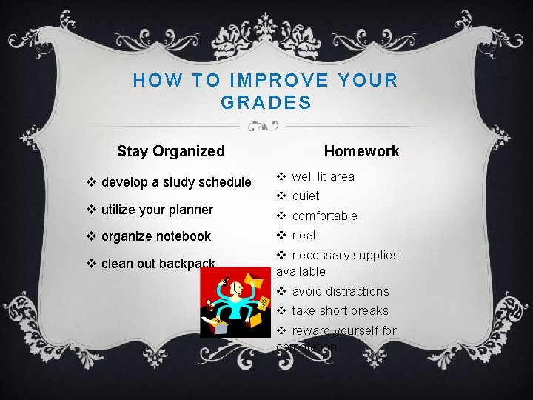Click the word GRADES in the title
(x=266, y=103)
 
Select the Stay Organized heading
(x=170, y=151)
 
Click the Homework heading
(x=361, y=151)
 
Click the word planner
(x=190, y=210)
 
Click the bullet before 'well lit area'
(x=282, y=176)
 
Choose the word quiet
(x=306, y=196)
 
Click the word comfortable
(x=324, y=216)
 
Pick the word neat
(x=304, y=236)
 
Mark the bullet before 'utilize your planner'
(x=91, y=210)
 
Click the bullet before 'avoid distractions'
(x=282, y=291)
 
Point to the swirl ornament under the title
(x=266, y=125)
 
